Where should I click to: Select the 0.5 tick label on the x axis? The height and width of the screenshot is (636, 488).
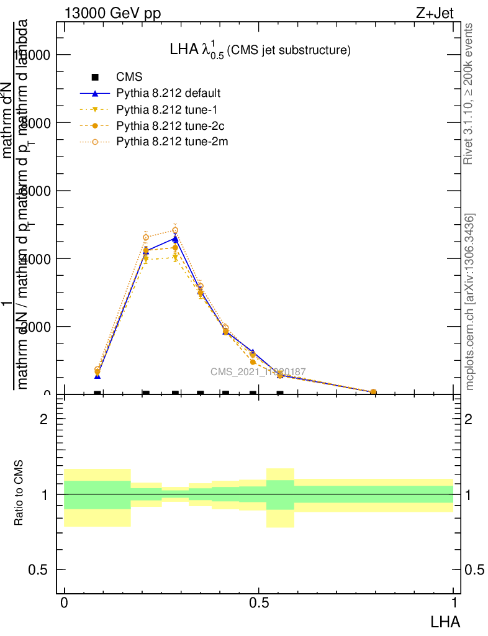point(259,602)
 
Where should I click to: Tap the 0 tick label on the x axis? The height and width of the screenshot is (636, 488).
point(64,602)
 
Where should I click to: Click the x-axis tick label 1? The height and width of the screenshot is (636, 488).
point(453,602)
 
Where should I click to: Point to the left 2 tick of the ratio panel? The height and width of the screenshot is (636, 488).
point(43,419)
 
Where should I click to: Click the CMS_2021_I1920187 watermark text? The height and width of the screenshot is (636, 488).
point(258,372)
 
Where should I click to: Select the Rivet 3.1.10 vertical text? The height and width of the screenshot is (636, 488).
point(469,93)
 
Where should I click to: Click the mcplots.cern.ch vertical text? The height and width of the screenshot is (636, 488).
point(470,302)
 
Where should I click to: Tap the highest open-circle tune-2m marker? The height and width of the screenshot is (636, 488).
point(176,230)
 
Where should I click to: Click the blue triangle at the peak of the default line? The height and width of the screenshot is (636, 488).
point(176,238)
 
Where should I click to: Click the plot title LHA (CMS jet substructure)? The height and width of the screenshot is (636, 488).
point(260,50)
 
